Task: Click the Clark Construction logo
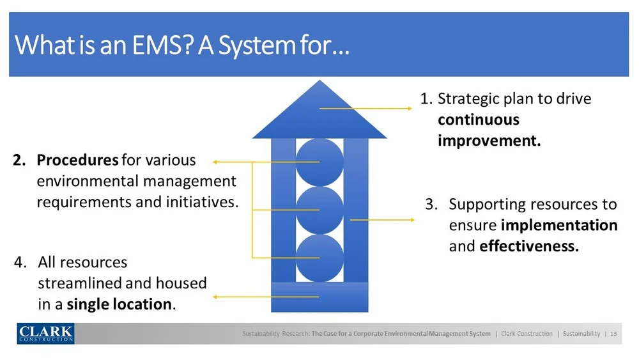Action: (x=45, y=333)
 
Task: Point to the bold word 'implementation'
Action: (x=558, y=225)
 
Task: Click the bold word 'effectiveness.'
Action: (x=528, y=246)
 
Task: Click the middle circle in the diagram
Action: (x=319, y=210)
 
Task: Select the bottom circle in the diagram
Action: (x=319, y=258)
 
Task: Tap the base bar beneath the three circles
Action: (x=319, y=297)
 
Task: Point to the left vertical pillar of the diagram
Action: (x=283, y=211)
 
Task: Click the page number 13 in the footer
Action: (x=614, y=334)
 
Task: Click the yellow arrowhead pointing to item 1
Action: (x=409, y=109)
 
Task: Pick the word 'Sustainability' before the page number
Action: (x=581, y=334)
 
